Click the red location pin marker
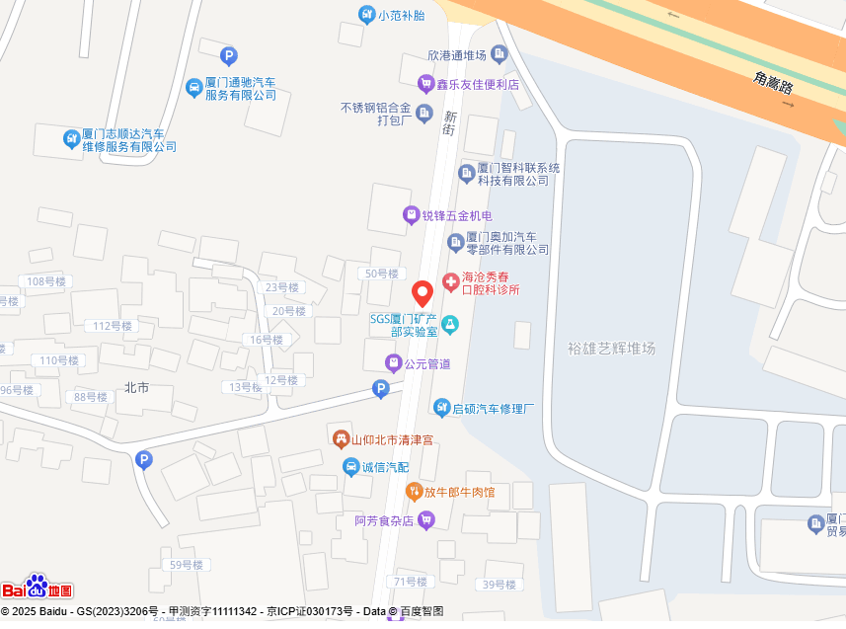tap(422, 293)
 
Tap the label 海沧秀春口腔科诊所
tap(491, 283)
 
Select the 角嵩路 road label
tap(772, 82)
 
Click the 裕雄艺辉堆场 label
tap(612, 348)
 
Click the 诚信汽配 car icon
tap(350, 466)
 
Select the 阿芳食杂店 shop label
tap(384, 520)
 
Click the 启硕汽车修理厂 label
tap(494, 407)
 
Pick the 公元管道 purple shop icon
tap(393, 363)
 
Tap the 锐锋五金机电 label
tap(457, 215)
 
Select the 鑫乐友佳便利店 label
tap(478, 84)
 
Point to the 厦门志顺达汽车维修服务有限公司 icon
tap(72, 138)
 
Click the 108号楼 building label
tap(45, 281)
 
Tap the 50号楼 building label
tap(381, 274)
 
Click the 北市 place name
tap(136, 387)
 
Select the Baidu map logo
tap(37, 588)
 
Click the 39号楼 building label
tap(500, 585)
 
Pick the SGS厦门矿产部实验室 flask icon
tap(450, 324)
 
